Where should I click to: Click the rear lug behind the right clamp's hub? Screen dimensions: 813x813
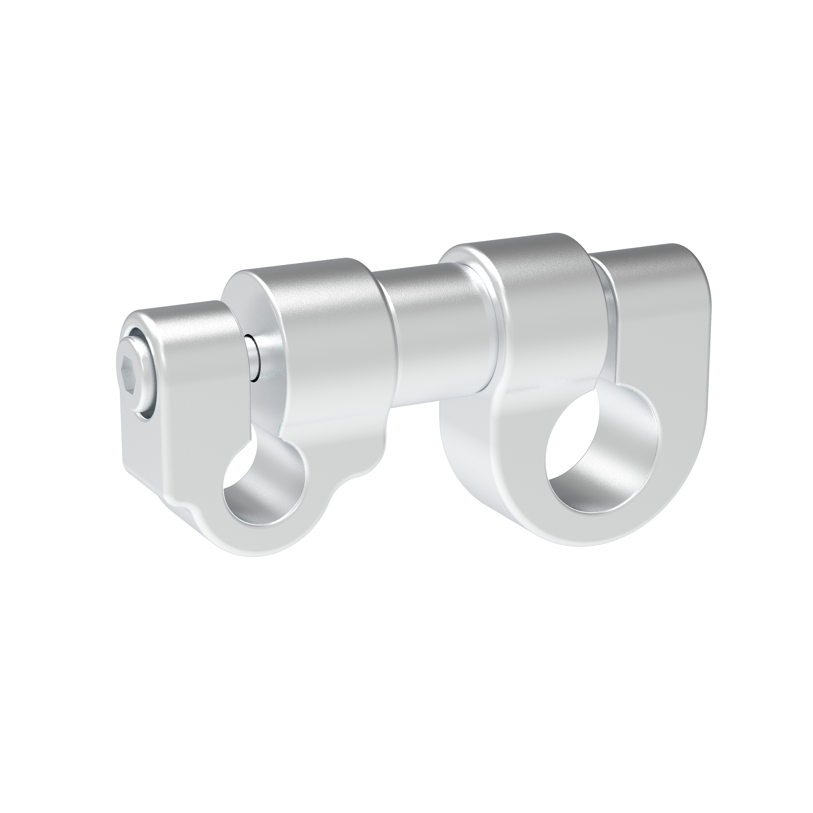(x=661, y=320)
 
